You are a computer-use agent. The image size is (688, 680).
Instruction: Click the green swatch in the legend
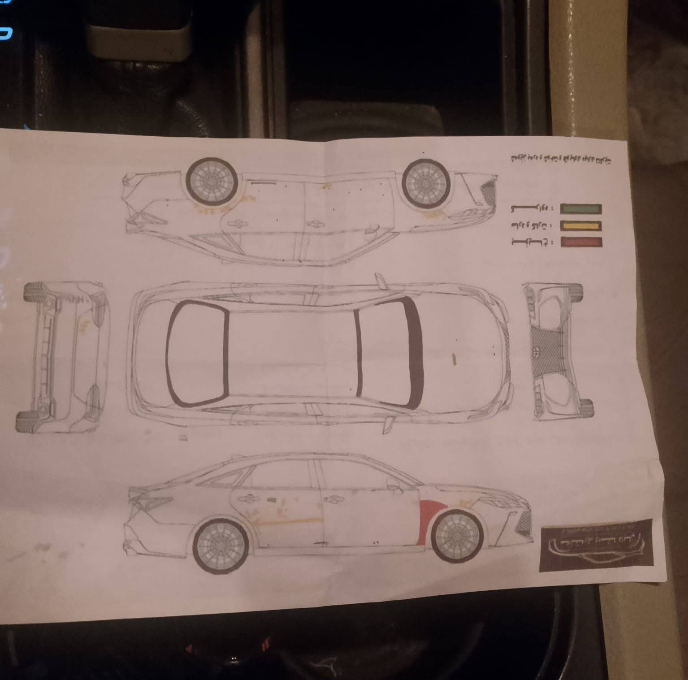point(580,209)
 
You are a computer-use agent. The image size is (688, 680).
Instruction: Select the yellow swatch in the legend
point(580,225)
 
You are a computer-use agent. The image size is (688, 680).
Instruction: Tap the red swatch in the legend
point(581,243)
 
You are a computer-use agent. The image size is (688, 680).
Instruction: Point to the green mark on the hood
point(454,358)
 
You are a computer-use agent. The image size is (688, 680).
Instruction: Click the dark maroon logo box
point(596,546)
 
